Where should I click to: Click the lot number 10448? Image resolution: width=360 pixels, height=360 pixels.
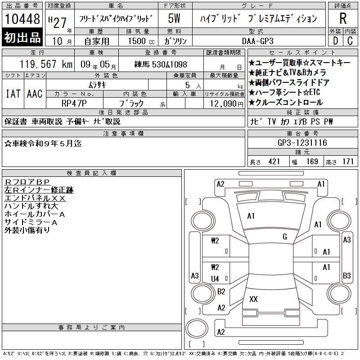point(22,19)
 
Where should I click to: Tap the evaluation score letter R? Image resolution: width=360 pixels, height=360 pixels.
point(343,18)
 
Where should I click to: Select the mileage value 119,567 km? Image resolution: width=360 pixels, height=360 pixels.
point(46,64)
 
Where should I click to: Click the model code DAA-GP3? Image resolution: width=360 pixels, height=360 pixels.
point(257,41)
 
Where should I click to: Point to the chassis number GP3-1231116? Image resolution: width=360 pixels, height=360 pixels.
point(302,143)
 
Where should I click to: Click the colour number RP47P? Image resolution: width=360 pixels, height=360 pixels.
point(74,103)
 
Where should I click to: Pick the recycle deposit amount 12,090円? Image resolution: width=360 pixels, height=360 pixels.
point(227,104)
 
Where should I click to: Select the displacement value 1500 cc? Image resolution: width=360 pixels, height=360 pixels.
point(141,41)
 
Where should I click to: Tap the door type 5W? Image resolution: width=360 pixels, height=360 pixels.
point(174,18)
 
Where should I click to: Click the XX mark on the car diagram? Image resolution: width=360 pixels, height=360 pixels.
point(253,299)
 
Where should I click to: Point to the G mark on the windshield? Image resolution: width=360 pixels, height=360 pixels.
point(285,237)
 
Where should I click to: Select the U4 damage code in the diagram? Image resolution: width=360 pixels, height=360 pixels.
point(215,279)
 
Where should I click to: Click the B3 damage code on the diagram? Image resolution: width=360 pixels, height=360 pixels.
point(346,275)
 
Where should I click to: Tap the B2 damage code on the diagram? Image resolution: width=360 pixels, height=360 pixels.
point(221,291)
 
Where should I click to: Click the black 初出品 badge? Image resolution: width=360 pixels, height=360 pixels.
point(22,37)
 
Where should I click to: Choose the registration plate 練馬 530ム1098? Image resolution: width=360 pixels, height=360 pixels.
point(161,64)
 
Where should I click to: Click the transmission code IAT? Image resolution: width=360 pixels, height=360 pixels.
point(13,94)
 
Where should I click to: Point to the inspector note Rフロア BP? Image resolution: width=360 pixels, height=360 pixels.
point(27,182)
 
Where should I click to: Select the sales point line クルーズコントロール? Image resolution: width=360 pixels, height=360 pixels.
point(286,103)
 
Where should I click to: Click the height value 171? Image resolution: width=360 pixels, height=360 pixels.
point(348,162)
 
